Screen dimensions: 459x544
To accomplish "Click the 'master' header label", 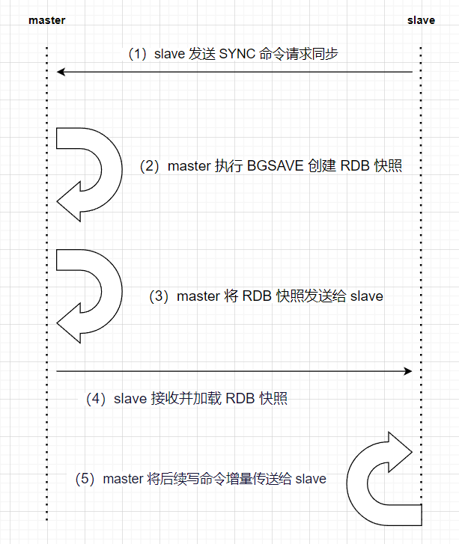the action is point(46,20).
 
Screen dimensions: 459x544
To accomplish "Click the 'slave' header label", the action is point(421,20).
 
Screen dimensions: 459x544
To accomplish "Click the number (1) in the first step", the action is point(137,54).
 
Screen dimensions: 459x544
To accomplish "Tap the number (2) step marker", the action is point(151,166).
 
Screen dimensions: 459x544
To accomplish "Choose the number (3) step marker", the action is point(160,296).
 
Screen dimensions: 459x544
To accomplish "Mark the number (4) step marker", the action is point(97,399).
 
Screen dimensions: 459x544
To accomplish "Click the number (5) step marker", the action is point(87,479).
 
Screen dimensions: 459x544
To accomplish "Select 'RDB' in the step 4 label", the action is point(240,399).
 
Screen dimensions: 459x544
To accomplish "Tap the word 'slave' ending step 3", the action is point(366,296).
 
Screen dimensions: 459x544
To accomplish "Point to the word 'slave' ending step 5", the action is point(311,479).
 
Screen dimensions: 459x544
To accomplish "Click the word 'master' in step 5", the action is point(124,479).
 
